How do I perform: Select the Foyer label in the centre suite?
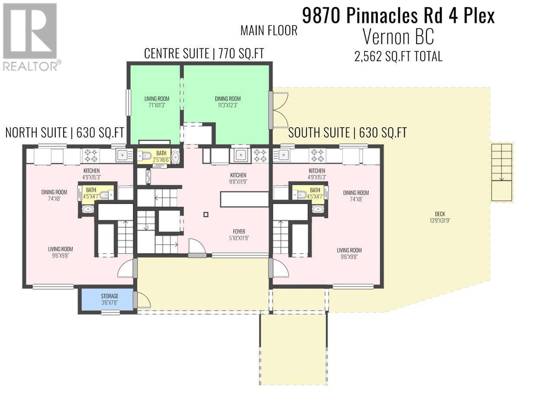click(238, 235)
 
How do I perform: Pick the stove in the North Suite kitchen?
click(91, 155)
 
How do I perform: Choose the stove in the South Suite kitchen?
click(317, 155)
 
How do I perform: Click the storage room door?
click(142, 300)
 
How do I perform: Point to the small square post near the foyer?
click(206, 214)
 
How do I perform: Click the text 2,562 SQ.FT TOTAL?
click(398, 56)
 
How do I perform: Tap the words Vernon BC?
click(398, 37)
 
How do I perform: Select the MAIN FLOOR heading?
click(269, 30)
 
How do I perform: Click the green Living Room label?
click(157, 102)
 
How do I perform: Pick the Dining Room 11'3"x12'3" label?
click(228, 102)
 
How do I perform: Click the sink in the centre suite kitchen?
click(240, 155)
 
